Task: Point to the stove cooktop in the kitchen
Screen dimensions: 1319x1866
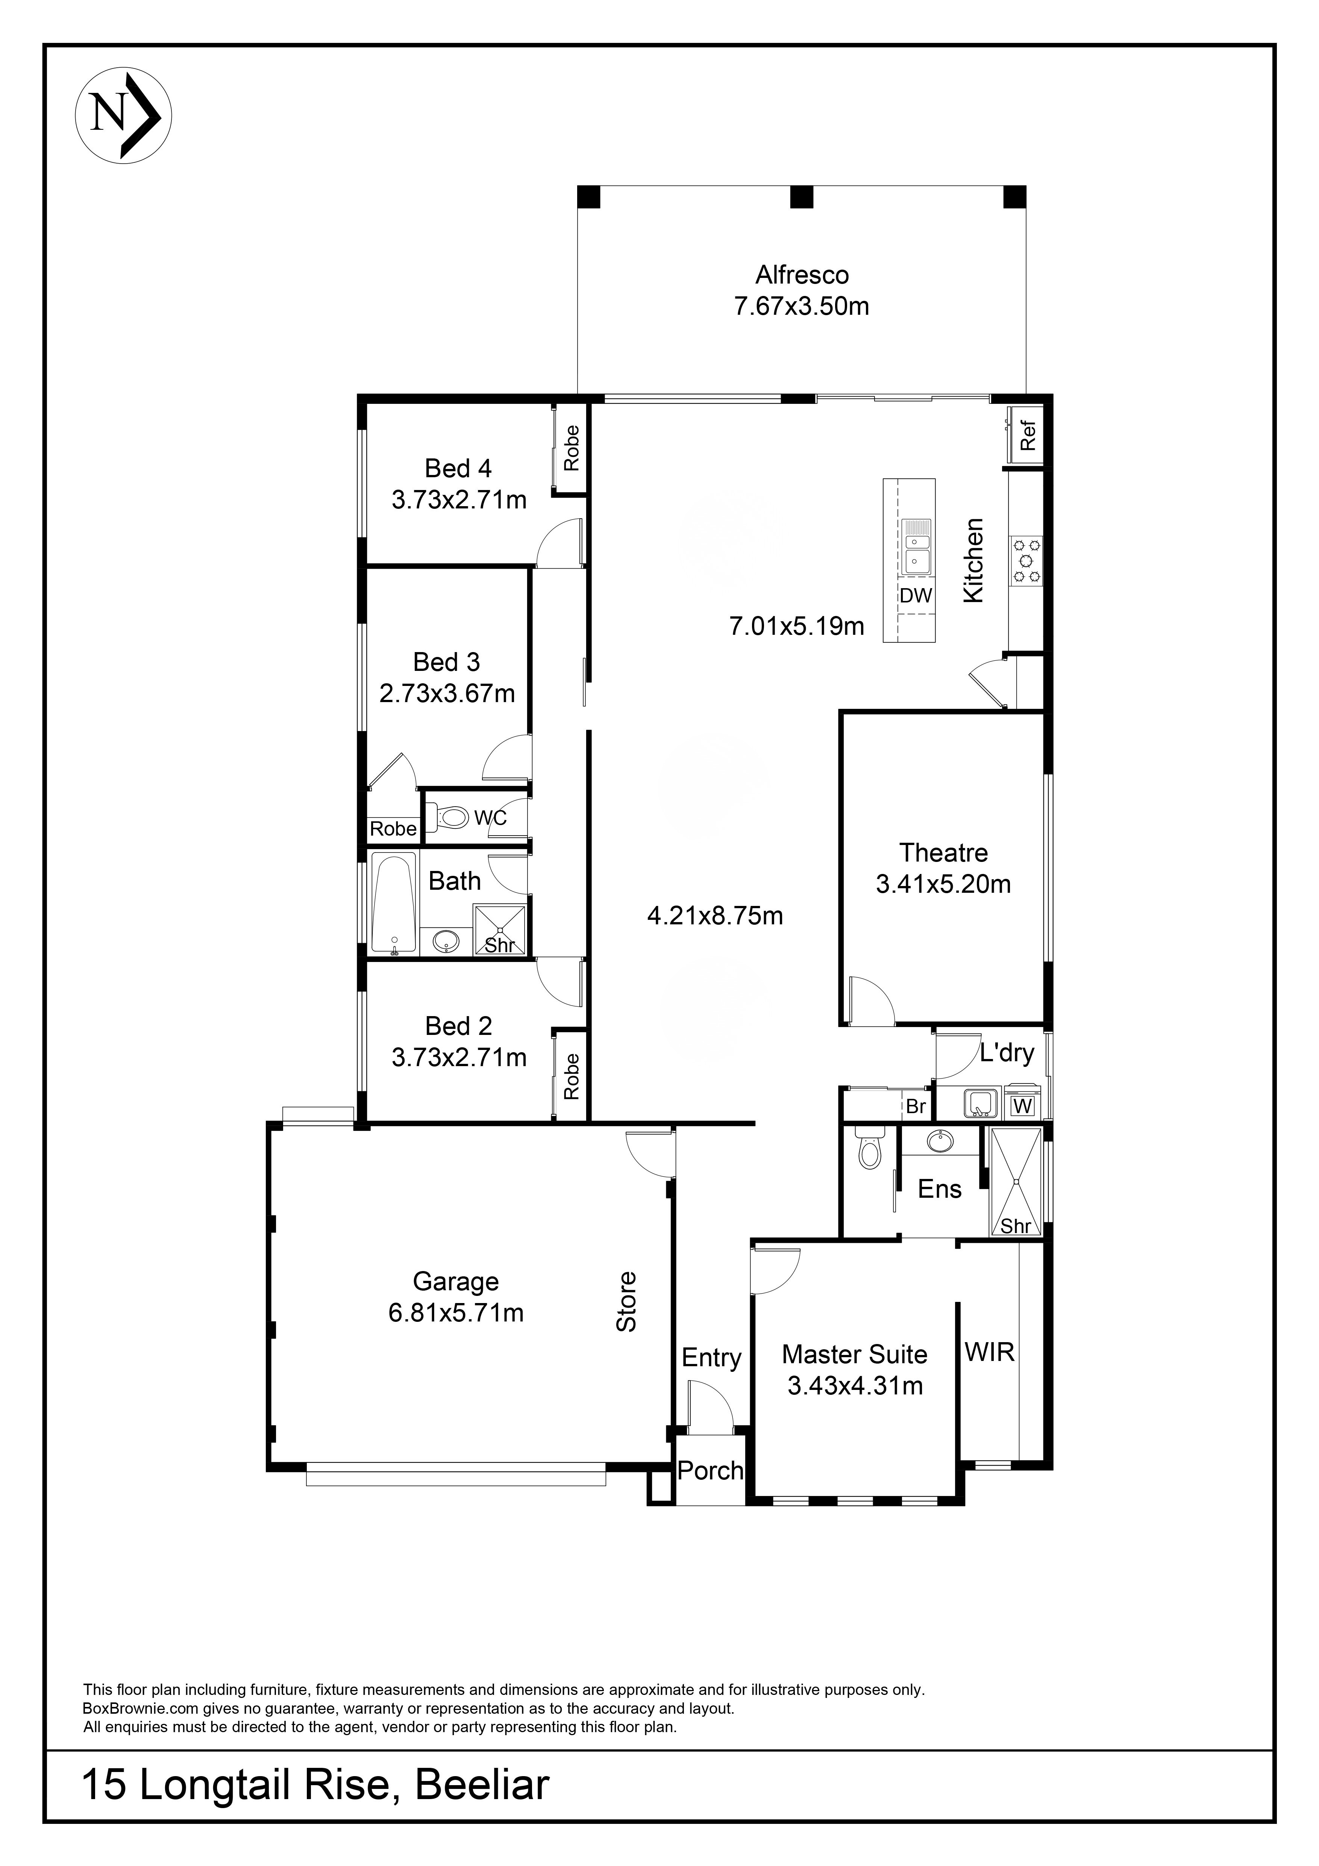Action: (1026, 561)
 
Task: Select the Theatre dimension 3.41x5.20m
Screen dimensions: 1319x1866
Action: (943, 884)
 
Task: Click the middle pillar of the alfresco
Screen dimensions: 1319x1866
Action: (802, 197)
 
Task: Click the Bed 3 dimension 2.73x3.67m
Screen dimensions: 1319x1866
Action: (447, 693)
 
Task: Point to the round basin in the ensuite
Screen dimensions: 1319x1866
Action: (941, 1141)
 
